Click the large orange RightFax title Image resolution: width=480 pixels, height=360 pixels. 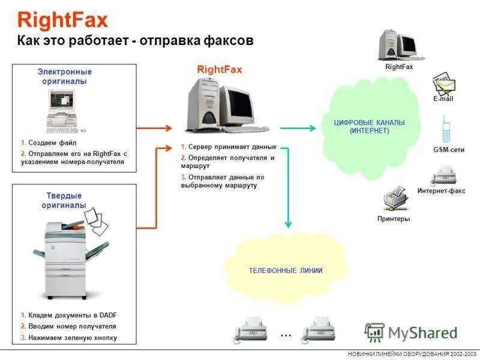click(x=62, y=20)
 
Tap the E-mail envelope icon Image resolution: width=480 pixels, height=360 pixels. click(x=444, y=84)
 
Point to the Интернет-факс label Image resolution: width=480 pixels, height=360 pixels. click(x=441, y=191)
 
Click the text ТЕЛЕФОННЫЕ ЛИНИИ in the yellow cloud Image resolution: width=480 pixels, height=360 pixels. click(x=286, y=271)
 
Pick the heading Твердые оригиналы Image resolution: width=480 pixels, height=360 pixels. click(x=64, y=200)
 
